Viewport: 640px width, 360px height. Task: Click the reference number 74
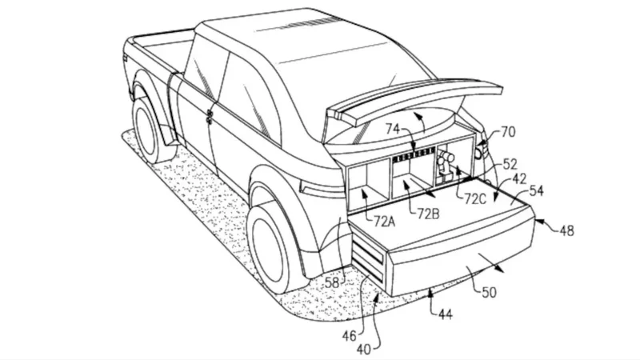[x=392, y=129]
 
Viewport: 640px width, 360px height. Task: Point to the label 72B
[x=429, y=213]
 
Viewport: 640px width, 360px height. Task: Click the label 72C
[x=474, y=196]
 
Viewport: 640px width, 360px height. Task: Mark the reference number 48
[x=566, y=230]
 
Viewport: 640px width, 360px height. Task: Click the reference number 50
[x=489, y=293]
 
